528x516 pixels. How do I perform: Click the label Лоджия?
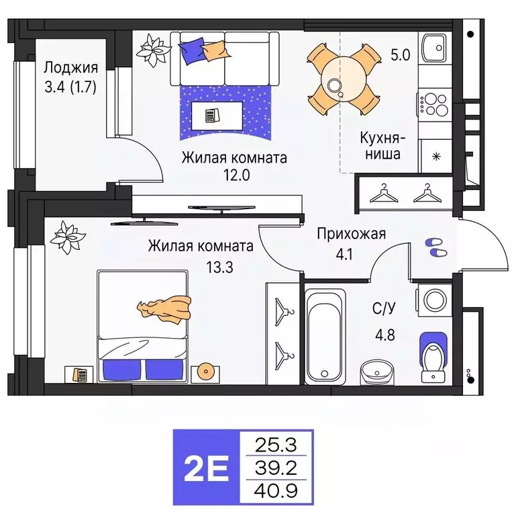[x=71, y=68]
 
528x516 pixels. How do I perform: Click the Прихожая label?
[x=351, y=234]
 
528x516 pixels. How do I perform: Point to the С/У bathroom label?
[x=384, y=308]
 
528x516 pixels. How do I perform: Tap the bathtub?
[x=324, y=335]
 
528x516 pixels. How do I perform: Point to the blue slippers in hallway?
[x=435, y=248]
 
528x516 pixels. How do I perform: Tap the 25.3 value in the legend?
[x=276, y=444]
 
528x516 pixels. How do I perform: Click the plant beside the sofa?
[x=154, y=48]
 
